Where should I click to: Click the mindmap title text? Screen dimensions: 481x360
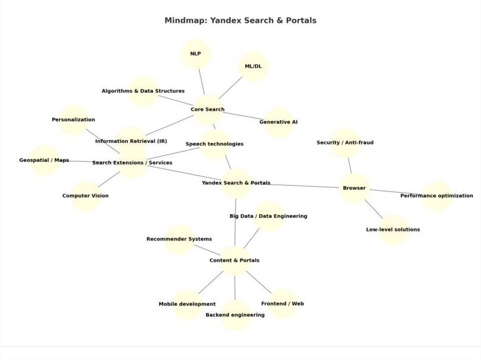tap(240, 21)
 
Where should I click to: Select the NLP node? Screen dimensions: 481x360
tap(195, 54)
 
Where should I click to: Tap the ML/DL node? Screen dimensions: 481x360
tap(253, 66)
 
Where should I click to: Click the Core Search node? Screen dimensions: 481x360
tap(208, 109)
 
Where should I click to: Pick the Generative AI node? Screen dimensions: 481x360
tap(279, 122)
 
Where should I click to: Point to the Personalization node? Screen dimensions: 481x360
tap(73, 120)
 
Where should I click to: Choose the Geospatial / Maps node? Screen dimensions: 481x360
tap(44, 160)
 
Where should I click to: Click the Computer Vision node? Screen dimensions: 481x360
tap(85, 196)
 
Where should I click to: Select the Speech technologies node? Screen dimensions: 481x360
tap(215, 144)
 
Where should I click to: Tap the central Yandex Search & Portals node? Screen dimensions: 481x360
tap(236, 183)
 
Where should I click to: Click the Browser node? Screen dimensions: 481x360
tap(354, 188)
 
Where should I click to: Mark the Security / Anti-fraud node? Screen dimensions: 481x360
tap(345, 142)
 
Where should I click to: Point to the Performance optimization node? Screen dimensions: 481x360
tap(436, 196)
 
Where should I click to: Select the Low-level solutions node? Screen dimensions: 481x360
tap(393, 230)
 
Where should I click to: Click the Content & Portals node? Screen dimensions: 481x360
tap(234, 260)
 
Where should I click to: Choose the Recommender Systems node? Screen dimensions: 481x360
tap(179, 239)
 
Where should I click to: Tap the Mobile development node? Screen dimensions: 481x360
tap(187, 304)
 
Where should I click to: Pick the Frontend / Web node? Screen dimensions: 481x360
tap(282, 304)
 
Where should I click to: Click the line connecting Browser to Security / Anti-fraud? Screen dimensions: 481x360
tap(349, 165)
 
